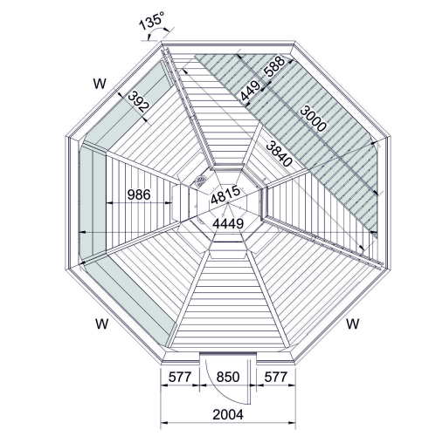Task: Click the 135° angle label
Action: pos(151,20)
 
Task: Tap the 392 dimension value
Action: pos(138,102)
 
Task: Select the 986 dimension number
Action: pos(139,194)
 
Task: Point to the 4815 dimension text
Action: pos(225,194)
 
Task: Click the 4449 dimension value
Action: pos(228,223)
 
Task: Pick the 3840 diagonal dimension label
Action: pos(279,153)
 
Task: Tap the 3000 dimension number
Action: pos(313,119)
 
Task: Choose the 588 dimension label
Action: pos(273,66)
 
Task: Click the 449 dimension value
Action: pos(250,91)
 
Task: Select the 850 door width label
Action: pos(228,377)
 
